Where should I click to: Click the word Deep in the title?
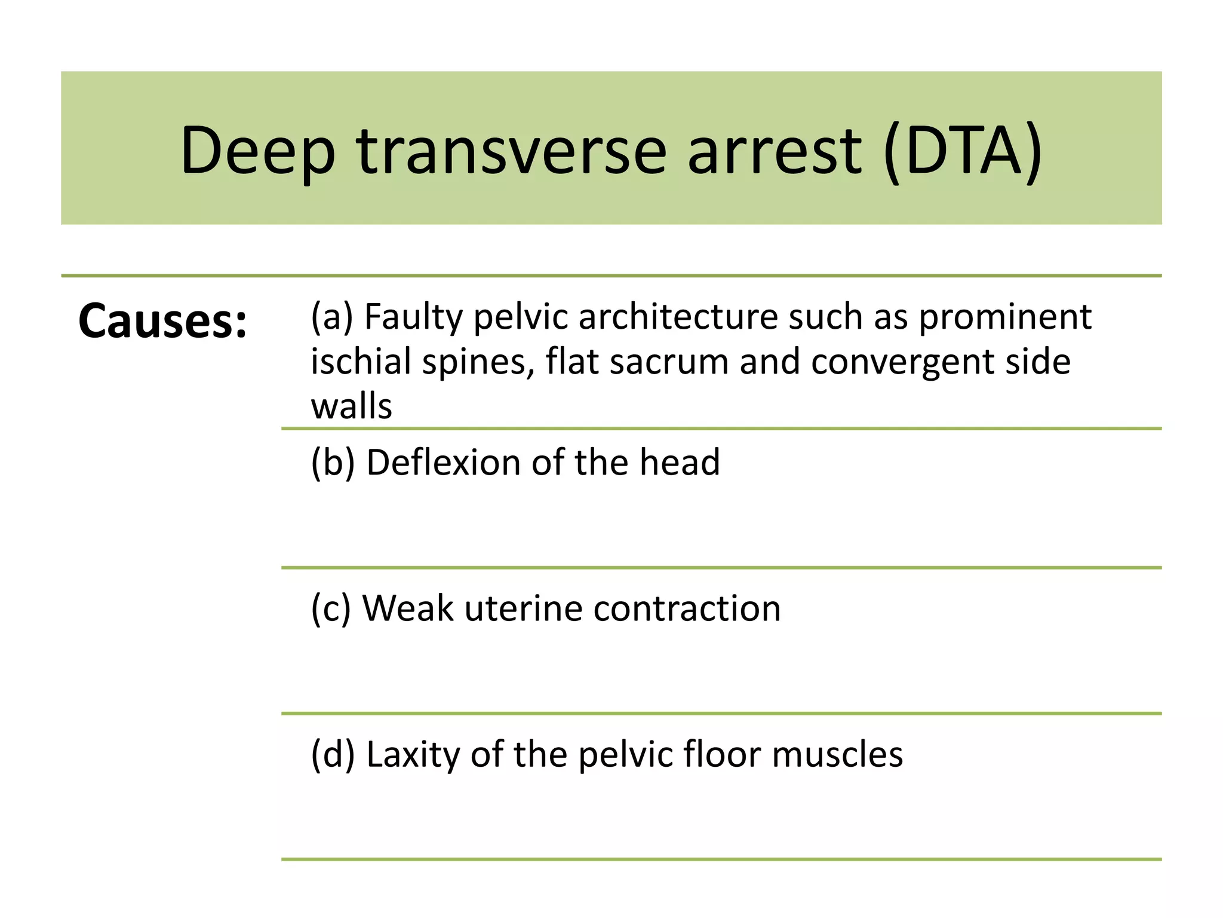(x=257, y=151)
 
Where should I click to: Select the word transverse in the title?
(x=511, y=151)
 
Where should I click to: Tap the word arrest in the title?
(x=775, y=151)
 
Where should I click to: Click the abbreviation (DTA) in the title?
(x=963, y=151)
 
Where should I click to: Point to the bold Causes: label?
(x=162, y=322)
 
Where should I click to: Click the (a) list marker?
(x=332, y=317)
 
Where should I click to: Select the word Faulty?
(x=413, y=317)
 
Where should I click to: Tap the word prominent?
(x=1005, y=317)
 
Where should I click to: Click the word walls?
(x=351, y=406)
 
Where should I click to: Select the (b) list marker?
(x=333, y=463)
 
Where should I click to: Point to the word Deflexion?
(x=444, y=463)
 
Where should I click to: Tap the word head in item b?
(x=680, y=463)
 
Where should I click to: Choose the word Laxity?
(x=413, y=754)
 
